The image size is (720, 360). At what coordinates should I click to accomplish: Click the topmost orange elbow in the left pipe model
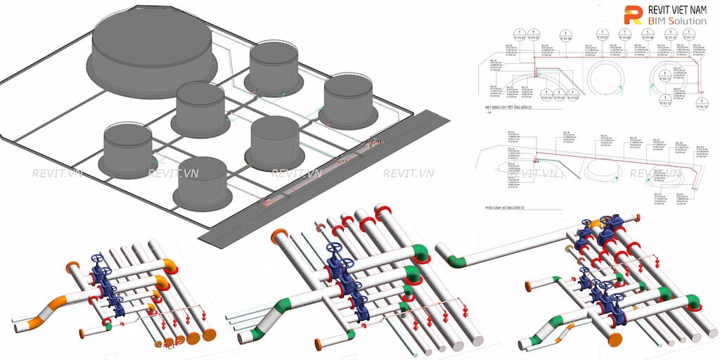(x=169, y=264)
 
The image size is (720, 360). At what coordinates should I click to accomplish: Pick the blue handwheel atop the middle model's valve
(x=335, y=249)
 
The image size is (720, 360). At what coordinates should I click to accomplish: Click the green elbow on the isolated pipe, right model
(x=456, y=262)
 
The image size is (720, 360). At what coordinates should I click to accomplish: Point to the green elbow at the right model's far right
(x=692, y=302)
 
